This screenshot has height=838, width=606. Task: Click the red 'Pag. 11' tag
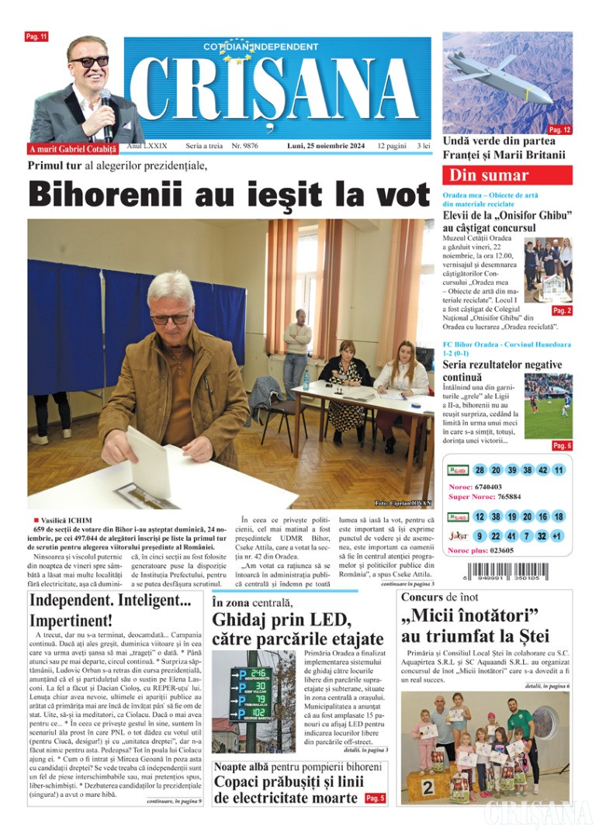pos(36,36)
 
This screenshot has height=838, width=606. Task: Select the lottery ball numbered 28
pos(480,470)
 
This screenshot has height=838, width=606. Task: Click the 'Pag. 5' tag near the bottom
pos(375,798)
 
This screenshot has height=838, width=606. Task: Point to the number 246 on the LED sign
pos(258,672)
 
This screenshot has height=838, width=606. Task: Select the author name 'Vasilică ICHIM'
pos(67,519)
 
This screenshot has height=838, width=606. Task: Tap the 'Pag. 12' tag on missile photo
pos(559,130)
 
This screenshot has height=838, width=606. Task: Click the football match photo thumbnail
pos(548,406)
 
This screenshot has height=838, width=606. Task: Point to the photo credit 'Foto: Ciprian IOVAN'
pos(402,503)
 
